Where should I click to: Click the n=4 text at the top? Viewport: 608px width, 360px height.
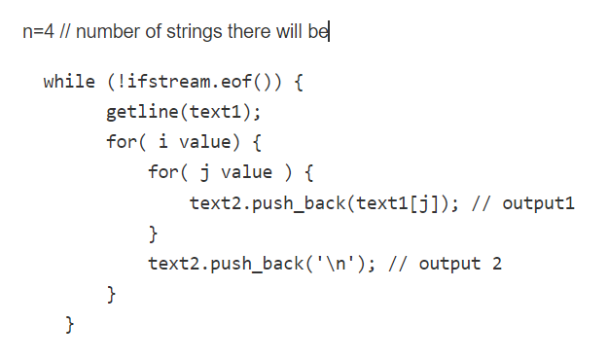pyautogui.click(x=36, y=32)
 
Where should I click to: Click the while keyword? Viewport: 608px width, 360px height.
pyautogui.click(x=69, y=81)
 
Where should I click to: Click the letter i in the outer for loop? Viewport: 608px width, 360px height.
pyautogui.click(x=162, y=142)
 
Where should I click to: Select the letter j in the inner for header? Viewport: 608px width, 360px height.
pyautogui.click(x=205, y=172)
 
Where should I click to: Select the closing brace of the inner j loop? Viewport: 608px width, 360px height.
pyautogui.click(x=153, y=234)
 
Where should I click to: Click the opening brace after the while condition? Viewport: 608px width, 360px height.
pyautogui.click(x=300, y=81)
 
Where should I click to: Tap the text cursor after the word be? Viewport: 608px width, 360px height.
pyautogui.click(x=330, y=32)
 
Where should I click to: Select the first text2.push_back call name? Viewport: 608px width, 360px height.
pyautogui.click(x=269, y=203)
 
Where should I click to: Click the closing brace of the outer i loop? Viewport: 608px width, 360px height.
pyautogui.click(x=111, y=293)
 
